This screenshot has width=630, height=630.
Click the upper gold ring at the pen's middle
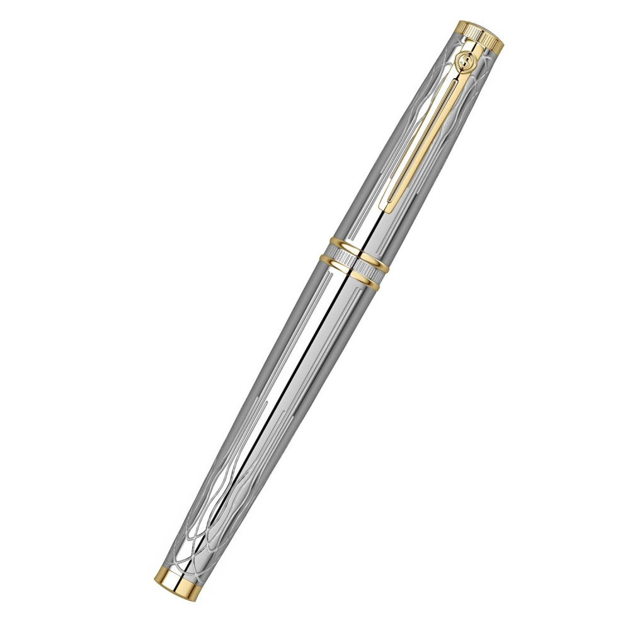(358, 248)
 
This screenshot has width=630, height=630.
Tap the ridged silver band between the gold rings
(353, 261)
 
